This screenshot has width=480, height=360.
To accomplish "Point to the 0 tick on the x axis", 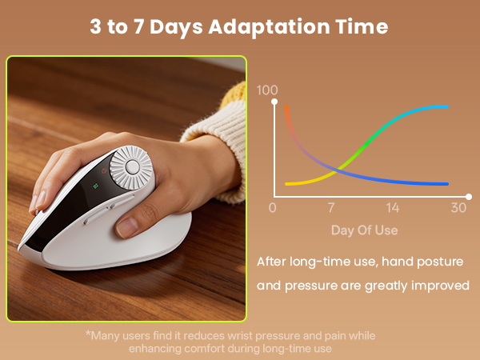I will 273,208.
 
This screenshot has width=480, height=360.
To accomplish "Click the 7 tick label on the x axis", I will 330,208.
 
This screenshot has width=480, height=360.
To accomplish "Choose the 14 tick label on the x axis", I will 392,208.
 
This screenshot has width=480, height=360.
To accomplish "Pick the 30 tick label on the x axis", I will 458,208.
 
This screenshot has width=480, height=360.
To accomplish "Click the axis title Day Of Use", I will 365,230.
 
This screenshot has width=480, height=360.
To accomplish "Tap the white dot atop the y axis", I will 275,102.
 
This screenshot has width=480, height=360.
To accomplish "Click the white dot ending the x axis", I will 468,195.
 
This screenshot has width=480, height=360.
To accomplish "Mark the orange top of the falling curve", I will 286,108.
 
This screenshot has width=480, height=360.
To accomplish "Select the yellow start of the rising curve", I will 288,184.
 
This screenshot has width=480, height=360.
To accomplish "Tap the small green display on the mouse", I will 95,186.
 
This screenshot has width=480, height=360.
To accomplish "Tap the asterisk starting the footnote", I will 88,336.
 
